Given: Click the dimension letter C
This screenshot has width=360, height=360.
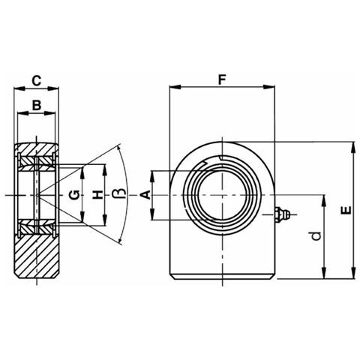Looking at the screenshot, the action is pyautogui.click(x=37, y=81).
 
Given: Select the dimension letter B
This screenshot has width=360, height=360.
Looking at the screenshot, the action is pyautogui.click(x=37, y=105).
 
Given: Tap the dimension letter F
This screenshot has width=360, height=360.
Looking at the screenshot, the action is pyautogui.click(x=222, y=80).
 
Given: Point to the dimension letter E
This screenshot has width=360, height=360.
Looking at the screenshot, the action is pyautogui.click(x=346, y=210).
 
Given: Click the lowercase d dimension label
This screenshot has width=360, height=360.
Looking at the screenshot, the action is pyautogui.click(x=316, y=236).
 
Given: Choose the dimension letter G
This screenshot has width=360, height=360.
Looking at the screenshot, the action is pyautogui.click(x=74, y=195).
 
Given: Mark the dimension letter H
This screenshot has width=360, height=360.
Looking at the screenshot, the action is pyautogui.click(x=97, y=195).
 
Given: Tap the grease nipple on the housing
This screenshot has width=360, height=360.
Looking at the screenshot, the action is pyautogui.click(x=282, y=214).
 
